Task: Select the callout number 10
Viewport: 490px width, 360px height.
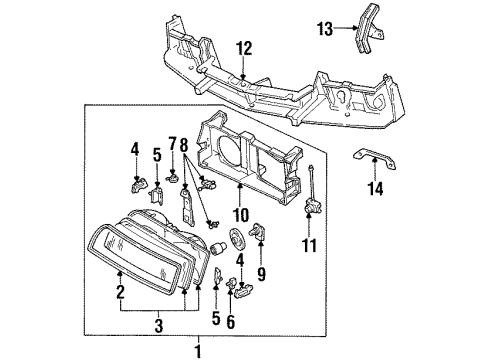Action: [240, 212]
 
